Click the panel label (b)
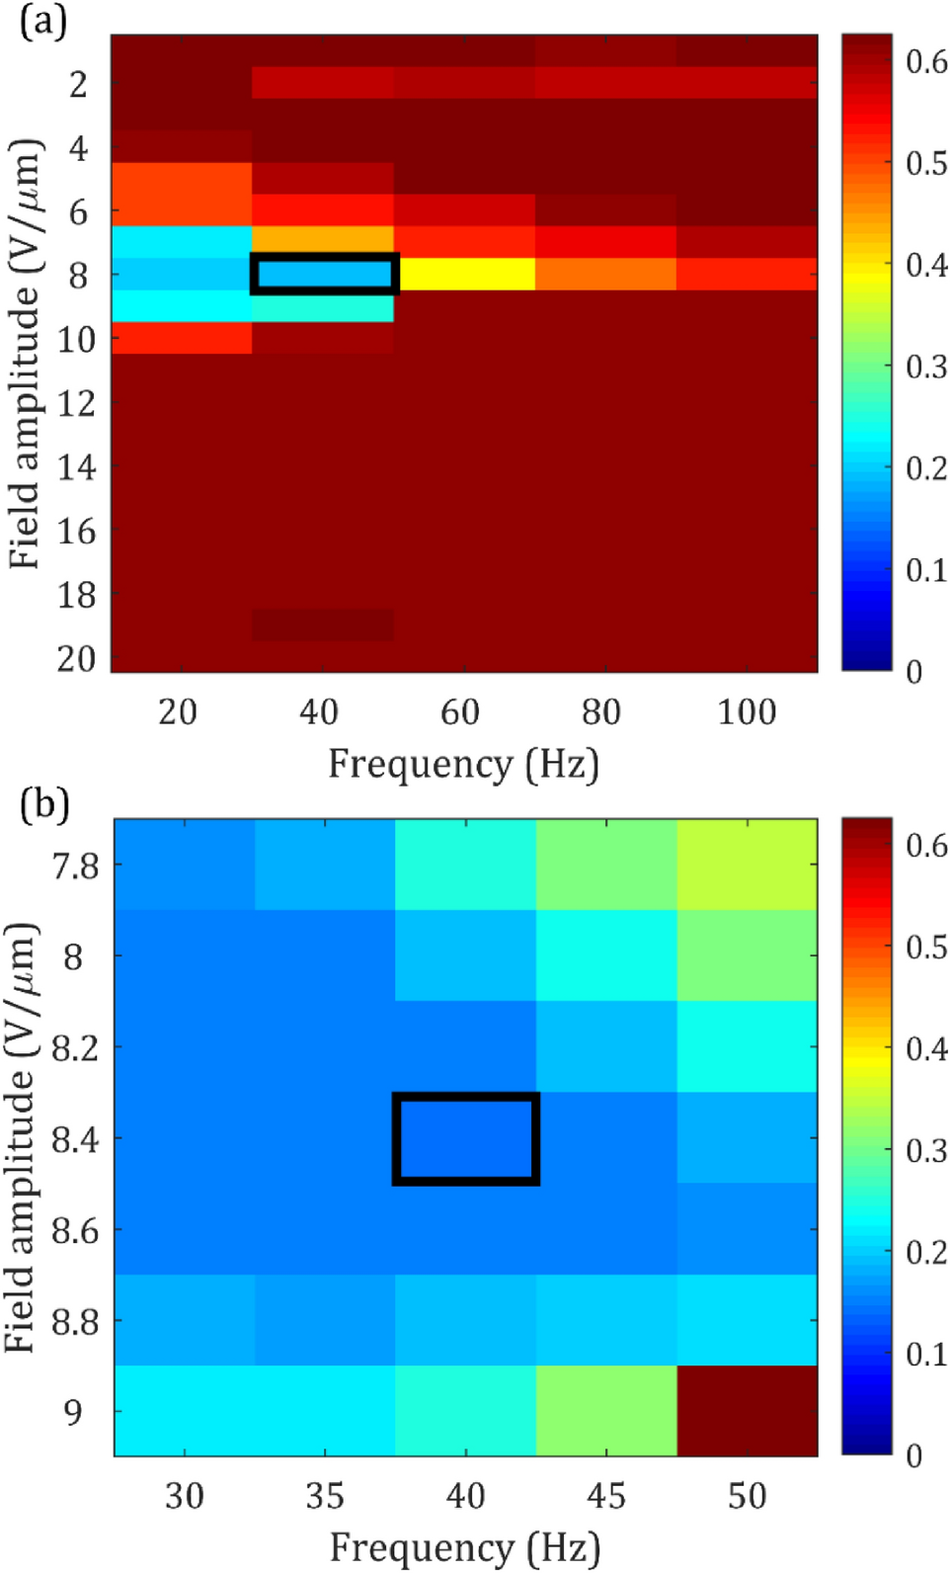pos(43,804)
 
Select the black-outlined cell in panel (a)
pos(324,274)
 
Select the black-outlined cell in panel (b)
pos(466,1138)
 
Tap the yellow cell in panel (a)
pos(465,274)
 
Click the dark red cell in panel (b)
pos(747,1410)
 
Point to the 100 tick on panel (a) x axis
pos(747,711)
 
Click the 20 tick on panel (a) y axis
pos(76,658)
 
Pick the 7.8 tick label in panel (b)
pos(76,866)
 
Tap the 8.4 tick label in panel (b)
pos(76,1139)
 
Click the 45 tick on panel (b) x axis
pos(606,1496)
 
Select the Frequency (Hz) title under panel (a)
pos(463,764)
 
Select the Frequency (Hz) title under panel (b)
pos(464,1547)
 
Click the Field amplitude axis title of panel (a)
pos(26,354)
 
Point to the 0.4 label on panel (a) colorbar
pos(926,264)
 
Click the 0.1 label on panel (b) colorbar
pos(926,1354)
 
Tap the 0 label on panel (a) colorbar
pos(914,672)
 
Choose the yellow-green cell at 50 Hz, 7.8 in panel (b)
pos(747,865)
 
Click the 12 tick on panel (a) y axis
pos(76,403)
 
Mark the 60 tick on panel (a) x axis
pos(460,711)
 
